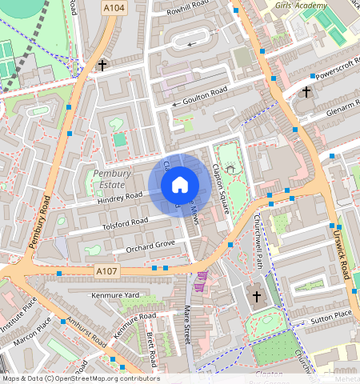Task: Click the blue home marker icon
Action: coord(180,185)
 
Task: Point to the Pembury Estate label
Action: coord(110,179)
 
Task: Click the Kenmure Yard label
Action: coord(116,296)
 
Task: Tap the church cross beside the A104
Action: coord(102,65)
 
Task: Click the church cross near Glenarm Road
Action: coord(306,93)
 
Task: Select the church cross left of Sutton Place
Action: coord(256,296)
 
